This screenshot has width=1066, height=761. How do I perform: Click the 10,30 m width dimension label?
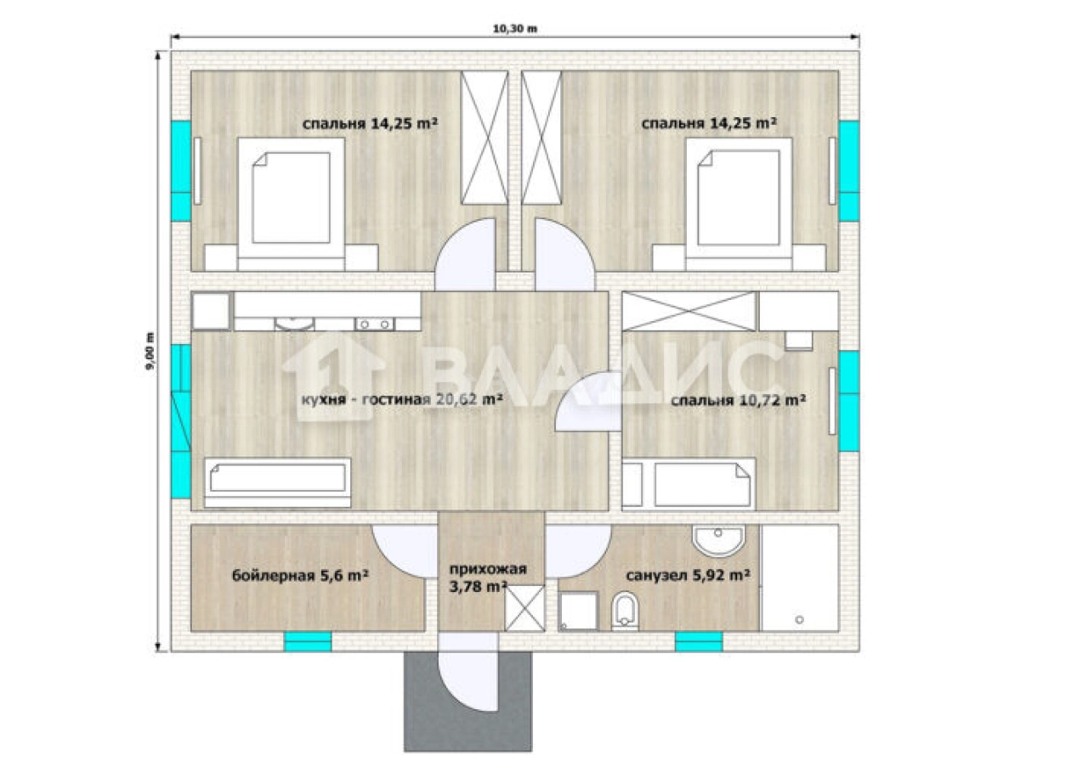coord(515,29)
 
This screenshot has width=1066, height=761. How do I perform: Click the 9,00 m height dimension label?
coord(150,350)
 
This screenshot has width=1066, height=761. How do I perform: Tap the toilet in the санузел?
coord(625,611)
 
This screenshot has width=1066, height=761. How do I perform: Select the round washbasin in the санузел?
coord(717,540)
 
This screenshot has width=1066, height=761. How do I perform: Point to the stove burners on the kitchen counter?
coord(375,324)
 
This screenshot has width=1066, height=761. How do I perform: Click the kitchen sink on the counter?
coord(295,324)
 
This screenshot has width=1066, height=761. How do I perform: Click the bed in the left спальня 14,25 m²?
coord(292,205)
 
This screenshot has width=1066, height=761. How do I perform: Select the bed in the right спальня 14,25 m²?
coord(739,205)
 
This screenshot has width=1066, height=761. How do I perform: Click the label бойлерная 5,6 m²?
coord(300,576)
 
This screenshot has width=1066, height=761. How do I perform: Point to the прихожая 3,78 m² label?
coord(488,578)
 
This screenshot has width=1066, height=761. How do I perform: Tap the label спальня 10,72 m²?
coord(738,400)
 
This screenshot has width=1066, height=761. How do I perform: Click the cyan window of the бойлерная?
coord(308,641)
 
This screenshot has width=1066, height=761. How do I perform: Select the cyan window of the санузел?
coord(699,641)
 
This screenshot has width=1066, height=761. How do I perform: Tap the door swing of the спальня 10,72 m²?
coord(588,402)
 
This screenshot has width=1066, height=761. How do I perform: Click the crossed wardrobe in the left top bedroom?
coord(485,138)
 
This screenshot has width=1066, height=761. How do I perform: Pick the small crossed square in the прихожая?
coord(524,608)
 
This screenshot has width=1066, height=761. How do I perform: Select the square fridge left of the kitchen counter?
coord(211,311)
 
